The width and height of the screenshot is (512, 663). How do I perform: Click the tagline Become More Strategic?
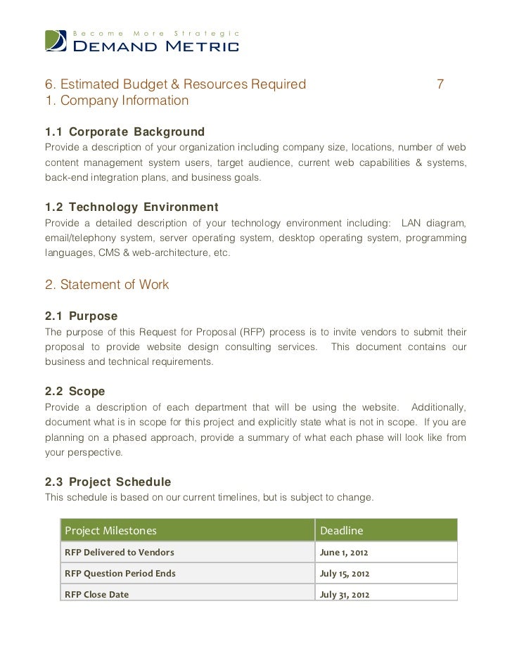point(158,33)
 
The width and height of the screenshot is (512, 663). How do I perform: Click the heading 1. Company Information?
point(117,101)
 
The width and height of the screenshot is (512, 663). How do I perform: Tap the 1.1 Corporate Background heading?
point(124,132)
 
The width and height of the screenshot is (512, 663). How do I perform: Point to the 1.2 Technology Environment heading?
point(132,208)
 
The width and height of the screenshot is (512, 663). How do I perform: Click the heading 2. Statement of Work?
point(107,285)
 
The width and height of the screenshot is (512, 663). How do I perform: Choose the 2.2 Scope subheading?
point(75,392)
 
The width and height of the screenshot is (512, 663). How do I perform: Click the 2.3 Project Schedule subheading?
point(108,482)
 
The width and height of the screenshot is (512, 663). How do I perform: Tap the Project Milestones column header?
point(110,530)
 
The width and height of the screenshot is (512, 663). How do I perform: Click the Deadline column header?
point(342,530)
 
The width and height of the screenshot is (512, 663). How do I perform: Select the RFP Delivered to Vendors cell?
point(120,553)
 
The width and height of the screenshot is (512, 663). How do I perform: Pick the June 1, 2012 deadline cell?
point(343,553)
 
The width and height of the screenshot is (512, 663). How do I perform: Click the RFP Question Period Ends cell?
point(120,574)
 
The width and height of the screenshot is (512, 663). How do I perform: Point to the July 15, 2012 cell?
point(345,574)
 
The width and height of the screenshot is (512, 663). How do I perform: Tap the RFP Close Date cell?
point(97,595)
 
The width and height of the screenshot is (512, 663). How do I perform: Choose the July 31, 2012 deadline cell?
point(345,595)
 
